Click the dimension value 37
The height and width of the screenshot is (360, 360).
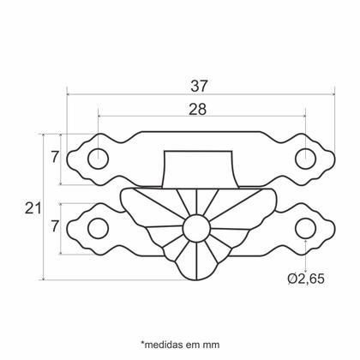200,86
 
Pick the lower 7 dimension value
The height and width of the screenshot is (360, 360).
53,228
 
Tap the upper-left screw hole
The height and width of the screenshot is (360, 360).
99,159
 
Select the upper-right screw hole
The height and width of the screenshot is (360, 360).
304,159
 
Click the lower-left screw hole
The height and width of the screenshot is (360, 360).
99,227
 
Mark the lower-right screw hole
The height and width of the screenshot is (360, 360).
304,227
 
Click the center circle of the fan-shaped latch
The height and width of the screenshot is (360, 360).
196,229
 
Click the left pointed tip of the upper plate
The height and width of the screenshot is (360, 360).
68,159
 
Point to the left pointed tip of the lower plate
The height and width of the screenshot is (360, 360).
68,227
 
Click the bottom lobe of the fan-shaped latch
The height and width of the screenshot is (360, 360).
196,273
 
